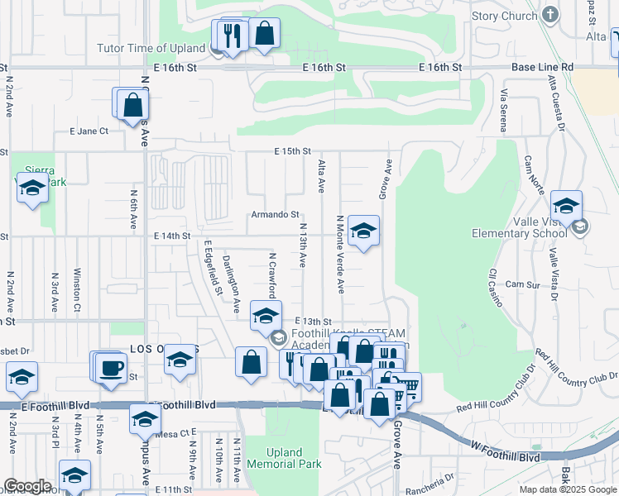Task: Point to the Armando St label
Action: (x=276, y=214)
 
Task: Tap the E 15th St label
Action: (x=292, y=151)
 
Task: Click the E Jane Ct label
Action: (x=89, y=131)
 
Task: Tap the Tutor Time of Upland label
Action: (x=151, y=48)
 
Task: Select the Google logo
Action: (x=27, y=486)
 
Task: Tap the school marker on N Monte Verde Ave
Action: (x=363, y=231)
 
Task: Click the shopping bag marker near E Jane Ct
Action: (x=132, y=105)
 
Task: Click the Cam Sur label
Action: (x=521, y=284)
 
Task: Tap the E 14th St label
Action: (x=171, y=236)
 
